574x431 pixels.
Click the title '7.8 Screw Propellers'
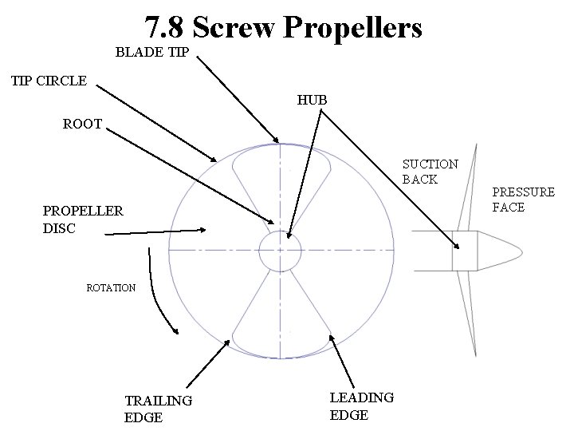point(283,28)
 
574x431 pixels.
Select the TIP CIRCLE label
point(49,81)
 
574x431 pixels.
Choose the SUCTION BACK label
point(430,172)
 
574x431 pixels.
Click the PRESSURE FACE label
point(523,200)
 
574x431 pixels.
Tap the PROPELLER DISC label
point(83,219)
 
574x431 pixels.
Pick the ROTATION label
point(111,287)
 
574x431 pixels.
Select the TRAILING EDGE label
point(158,408)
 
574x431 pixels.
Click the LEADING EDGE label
point(361,405)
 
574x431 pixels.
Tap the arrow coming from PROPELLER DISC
point(155,231)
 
